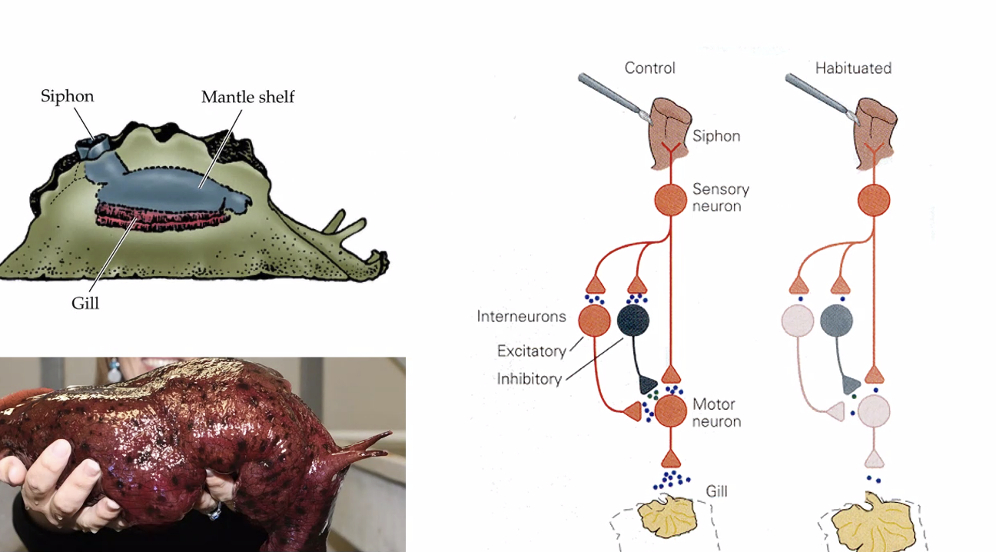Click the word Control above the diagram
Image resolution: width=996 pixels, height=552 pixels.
click(x=649, y=68)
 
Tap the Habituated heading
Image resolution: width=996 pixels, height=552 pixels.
click(x=853, y=68)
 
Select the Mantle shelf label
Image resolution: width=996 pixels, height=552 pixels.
click(x=247, y=98)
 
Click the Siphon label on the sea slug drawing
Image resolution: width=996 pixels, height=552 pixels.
click(x=68, y=96)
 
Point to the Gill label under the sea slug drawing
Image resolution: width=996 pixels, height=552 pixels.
click(x=85, y=303)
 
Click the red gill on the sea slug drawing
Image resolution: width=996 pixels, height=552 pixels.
click(x=161, y=216)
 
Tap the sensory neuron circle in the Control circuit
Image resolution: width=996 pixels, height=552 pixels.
click(x=670, y=200)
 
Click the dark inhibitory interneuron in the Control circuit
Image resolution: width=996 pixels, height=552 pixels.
click(x=633, y=320)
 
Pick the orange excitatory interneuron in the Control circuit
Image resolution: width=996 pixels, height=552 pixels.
click(x=593, y=321)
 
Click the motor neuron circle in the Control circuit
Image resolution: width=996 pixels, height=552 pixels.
click(x=670, y=411)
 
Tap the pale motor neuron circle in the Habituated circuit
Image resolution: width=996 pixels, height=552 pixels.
click(x=873, y=411)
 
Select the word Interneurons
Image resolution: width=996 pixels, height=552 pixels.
click(x=521, y=317)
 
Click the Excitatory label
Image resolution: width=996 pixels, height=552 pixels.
click(x=531, y=351)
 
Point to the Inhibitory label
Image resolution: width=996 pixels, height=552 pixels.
click(x=529, y=379)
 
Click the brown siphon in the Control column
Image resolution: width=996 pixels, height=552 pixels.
click(x=670, y=131)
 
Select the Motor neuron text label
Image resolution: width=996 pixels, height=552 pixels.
click(x=716, y=413)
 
